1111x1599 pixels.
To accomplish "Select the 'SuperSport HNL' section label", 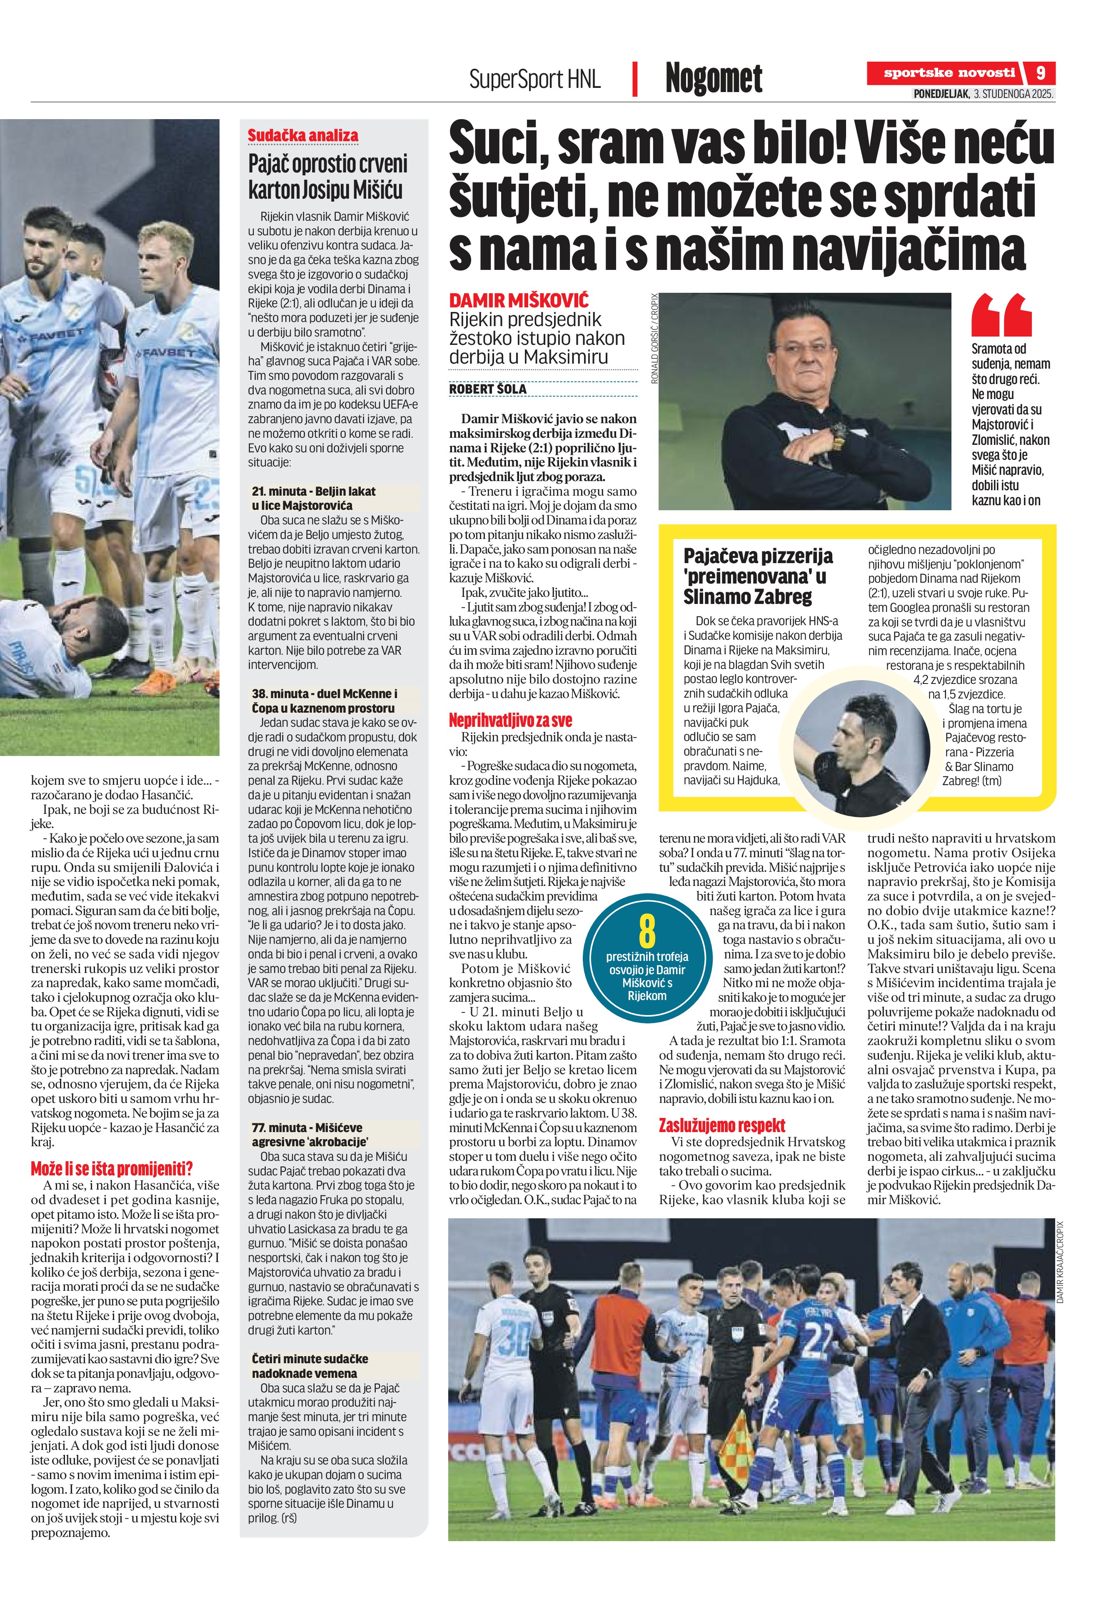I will pos(534,79).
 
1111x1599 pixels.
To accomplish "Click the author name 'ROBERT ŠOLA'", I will pos(487,389).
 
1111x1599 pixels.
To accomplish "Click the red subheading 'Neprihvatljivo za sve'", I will pos(510,721).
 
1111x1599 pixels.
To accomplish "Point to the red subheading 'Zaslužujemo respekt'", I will pos(722,1125).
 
